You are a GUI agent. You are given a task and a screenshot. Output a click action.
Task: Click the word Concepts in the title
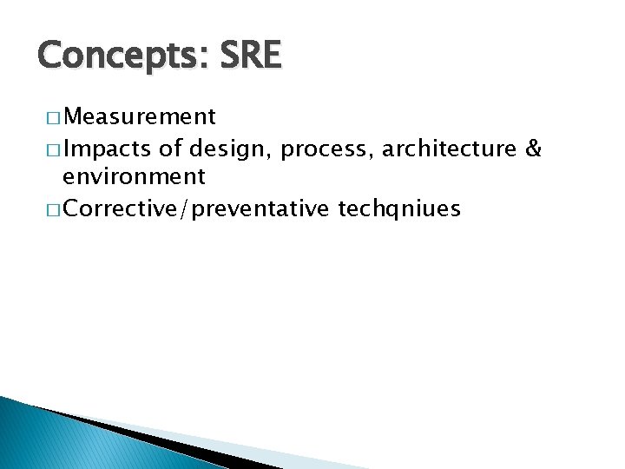tap(116, 56)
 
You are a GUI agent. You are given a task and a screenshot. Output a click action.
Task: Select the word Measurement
tap(140, 116)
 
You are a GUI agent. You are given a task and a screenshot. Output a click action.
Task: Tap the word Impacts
tap(108, 149)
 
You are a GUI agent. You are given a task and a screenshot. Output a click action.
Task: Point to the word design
tap(228, 149)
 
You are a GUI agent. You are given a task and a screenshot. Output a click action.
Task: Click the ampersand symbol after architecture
tap(534, 149)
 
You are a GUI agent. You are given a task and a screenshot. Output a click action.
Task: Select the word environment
tap(134, 177)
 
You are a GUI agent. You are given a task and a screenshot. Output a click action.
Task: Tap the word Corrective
tap(122, 208)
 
